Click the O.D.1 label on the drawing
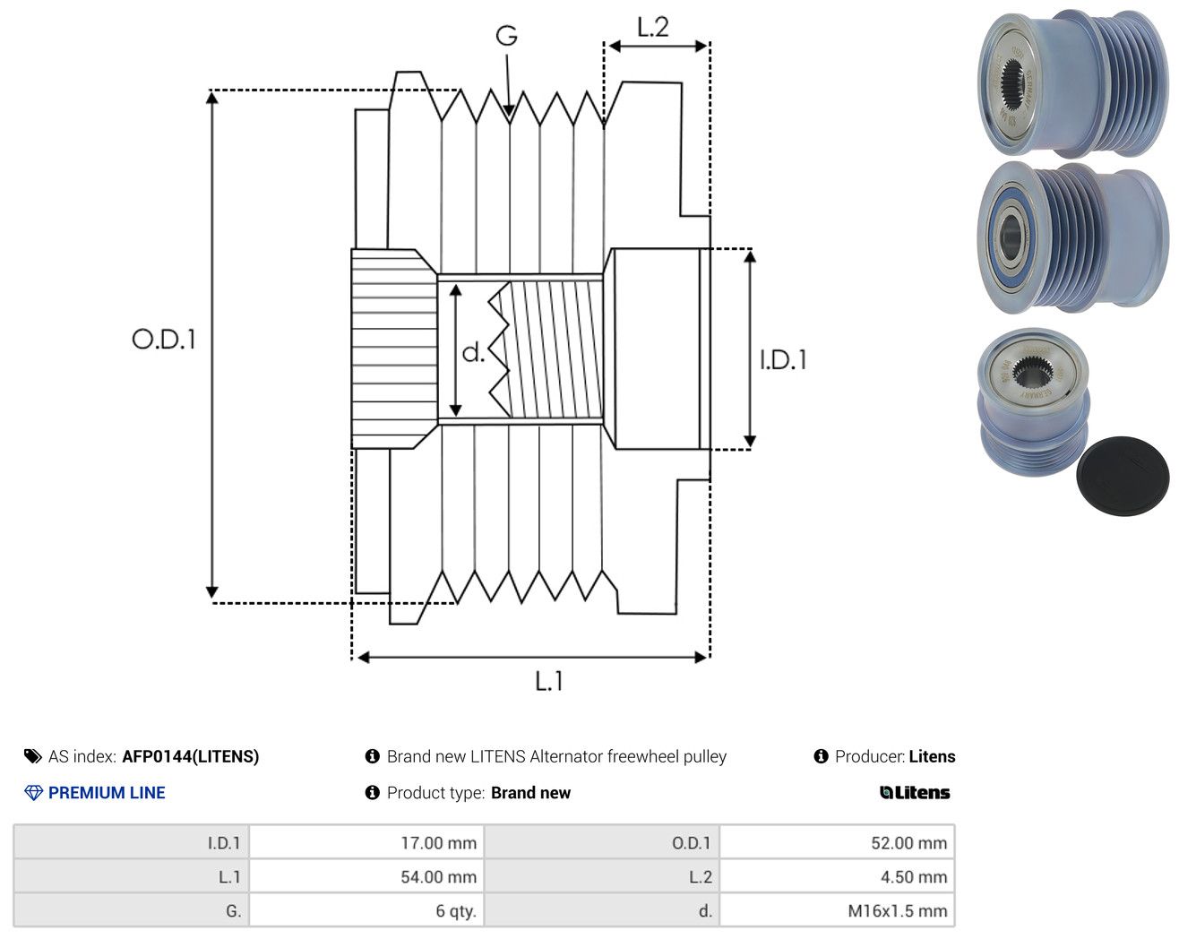164,340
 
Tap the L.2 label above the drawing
653,28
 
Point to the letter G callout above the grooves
506,36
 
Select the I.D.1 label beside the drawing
783,360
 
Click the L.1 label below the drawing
548,682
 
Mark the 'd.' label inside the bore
473,352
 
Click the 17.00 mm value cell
366,842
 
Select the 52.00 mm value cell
837,842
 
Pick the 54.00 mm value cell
366,876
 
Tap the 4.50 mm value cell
837,876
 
